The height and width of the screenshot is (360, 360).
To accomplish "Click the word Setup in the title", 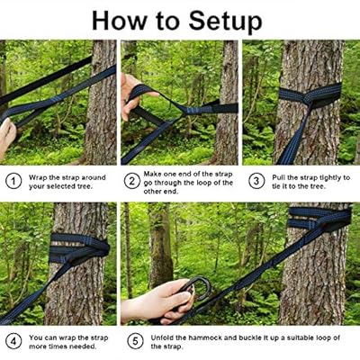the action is pyautogui.click(x=226, y=22).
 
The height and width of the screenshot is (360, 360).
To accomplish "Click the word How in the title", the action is pyautogui.click(x=120, y=21).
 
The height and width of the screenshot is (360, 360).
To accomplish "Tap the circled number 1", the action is pyautogui.click(x=13, y=181).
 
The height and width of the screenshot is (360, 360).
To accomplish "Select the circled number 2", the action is pyautogui.click(x=131, y=181).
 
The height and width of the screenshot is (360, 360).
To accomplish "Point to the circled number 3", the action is pyautogui.click(x=256, y=181).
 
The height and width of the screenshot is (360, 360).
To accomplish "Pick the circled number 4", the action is pyautogui.click(x=13, y=341).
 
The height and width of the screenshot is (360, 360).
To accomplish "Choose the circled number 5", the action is pyautogui.click(x=135, y=341).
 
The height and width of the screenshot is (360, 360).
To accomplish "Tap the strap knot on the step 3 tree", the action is pyautogui.click(x=309, y=98).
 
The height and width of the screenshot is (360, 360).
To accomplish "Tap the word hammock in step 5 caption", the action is pyautogui.click(x=206, y=337).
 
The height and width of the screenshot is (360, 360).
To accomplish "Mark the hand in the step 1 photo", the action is pyautogui.click(x=6, y=137).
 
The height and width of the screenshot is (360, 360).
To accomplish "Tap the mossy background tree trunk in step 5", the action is pyautogui.click(x=159, y=245).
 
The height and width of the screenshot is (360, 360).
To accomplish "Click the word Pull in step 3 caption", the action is pyautogui.click(x=278, y=178).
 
